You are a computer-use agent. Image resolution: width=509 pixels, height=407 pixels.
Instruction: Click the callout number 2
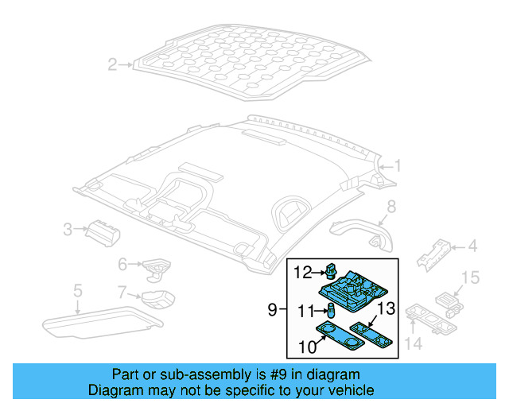point(113,64)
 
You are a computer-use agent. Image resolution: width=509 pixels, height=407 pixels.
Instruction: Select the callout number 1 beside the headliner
point(398,166)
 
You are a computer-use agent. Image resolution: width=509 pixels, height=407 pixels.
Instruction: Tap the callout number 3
point(68,230)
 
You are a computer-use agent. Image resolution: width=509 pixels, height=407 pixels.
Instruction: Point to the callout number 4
point(472,246)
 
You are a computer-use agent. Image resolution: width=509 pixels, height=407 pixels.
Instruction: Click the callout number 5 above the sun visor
point(77,290)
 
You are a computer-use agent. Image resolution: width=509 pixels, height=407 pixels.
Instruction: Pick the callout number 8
point(390,208)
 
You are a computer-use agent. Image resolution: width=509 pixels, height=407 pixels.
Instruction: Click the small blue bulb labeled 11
point(329,310)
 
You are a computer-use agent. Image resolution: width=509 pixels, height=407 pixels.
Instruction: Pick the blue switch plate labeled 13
point(371,332)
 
